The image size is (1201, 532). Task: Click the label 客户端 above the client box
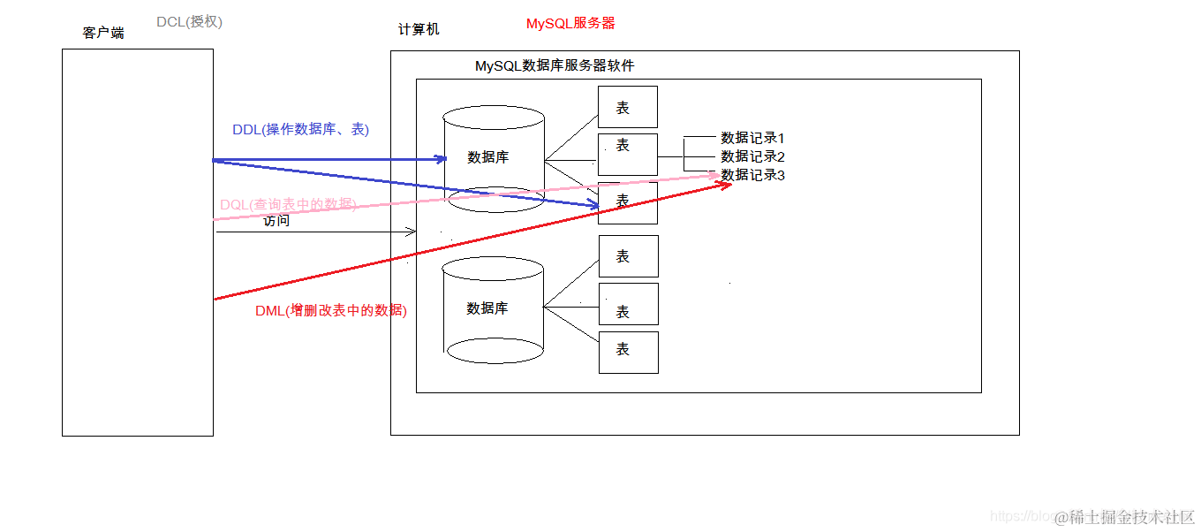(103, 33)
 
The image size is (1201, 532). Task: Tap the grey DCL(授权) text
(189, 21)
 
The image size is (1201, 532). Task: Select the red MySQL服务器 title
(570, 24)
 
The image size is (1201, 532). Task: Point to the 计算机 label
(419, 29)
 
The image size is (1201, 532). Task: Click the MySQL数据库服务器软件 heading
(555, 65)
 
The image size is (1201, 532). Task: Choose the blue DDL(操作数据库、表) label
(300, 129)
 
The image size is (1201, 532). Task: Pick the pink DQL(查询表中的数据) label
(288, 205)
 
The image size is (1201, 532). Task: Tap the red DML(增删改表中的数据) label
(331, 310)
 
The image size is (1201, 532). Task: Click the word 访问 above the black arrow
(276, 221)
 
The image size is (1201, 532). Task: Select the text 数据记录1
(752, 138)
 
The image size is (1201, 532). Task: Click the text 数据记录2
(752, 156)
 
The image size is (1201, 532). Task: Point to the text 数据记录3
(752, 175)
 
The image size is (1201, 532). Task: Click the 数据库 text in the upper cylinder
(488, 157)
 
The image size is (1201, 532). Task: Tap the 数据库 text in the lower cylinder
(487, 308)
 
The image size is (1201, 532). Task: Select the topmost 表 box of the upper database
(627, 107)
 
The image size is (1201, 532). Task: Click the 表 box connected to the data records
(627, 155)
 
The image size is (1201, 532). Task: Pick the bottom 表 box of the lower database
(628, 352)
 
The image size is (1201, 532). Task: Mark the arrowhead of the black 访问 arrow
(412, 232)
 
